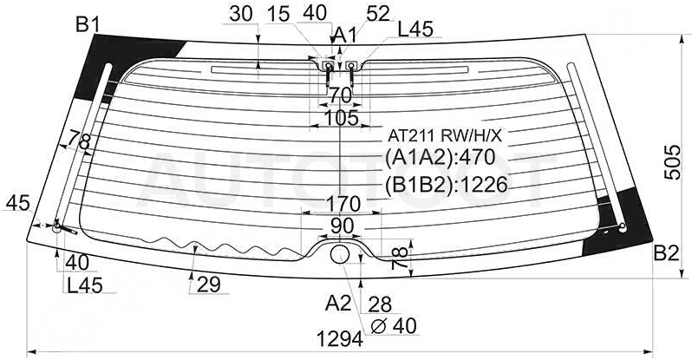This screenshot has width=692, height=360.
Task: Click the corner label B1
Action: click(88, 25)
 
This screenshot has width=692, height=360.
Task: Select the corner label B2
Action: click(666, 254)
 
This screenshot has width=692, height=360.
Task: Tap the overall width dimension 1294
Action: click(340, 339)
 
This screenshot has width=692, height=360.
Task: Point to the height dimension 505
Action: click(672, 162)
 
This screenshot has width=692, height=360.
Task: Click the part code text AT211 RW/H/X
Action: click(445, 135)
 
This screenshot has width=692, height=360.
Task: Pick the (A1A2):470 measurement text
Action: click(440, 157)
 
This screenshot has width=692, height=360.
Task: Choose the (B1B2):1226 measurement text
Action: click(447, 185)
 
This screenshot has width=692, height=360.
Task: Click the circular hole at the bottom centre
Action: click(340, 254)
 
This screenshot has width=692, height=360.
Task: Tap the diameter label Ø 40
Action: click(394, 326)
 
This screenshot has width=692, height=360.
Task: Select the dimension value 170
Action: click(343, 204)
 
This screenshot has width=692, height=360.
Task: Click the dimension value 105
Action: click(342, 118)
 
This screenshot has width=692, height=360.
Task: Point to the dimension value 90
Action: click(342, 226)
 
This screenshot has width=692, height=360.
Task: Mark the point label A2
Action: click(338, 304)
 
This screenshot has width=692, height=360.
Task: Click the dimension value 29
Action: click(208, 285)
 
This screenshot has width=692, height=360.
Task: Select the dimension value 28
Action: click(380, 304)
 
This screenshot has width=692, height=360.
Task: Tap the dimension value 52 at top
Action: click(378, 14)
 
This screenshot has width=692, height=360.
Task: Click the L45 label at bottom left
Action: click(85, 285)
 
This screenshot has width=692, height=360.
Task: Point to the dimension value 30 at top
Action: click(241, 14)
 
